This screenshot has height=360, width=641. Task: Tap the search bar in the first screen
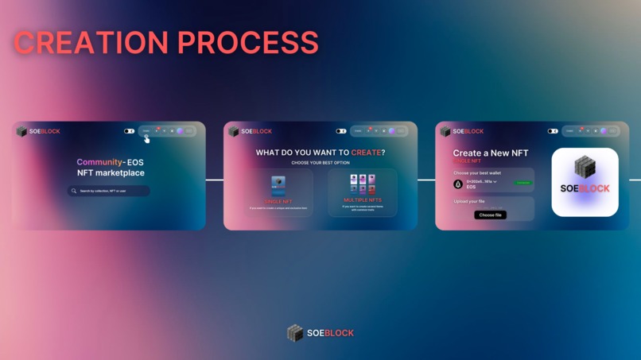click(109, 191)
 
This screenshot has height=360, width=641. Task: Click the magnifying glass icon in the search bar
click(74, 191)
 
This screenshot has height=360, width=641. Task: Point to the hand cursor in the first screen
click(147, 139)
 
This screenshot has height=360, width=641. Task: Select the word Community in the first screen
click(99, 162)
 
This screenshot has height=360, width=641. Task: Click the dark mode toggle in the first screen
click(129, 131)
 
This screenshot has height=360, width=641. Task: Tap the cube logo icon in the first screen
click(22, 131)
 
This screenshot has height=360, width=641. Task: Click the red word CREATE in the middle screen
click(366, 152)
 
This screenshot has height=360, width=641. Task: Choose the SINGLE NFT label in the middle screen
click(278, 202)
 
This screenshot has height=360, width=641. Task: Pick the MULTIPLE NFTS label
click(363, 200)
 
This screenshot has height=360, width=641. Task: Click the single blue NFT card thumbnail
click(278, 186)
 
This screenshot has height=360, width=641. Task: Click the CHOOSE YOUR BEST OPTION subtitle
click(320, 163)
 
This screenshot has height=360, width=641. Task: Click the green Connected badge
click(523, 183)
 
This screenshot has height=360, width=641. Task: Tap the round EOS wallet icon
click(458, 184)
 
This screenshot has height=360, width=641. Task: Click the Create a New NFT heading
click(491, 153)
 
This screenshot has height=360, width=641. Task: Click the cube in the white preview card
click(585, 167)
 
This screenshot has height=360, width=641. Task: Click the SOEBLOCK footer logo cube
click(295, 333)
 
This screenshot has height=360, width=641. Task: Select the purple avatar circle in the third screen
click(604, 131)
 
